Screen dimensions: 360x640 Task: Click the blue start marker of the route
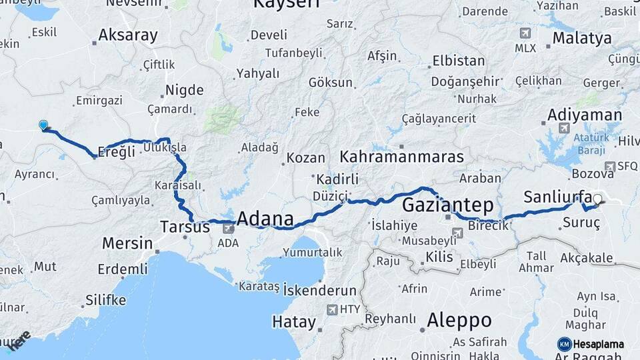click(x=43, y=125)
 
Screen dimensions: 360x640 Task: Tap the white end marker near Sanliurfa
click(x=597, y=199)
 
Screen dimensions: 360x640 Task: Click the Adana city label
click(x=265, y=219)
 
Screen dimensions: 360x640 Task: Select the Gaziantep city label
click(x=447, y=203)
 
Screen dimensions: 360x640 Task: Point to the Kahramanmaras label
click(x=401, y=157)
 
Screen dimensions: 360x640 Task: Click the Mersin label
click(x=127, y=243)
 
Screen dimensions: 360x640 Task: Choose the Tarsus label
click(x=185, y=227)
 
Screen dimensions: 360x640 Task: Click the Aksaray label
click(x=127, y=35)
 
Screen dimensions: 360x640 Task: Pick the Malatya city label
click(x=581, y=37)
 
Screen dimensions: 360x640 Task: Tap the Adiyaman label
click(x=584, y=115)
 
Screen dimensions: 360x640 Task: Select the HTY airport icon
click(x=332, y=309)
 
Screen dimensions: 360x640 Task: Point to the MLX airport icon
click(x=525, y=34)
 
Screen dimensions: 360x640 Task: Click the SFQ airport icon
click(x=609, y=166)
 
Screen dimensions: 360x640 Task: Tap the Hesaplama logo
click(x=591, y=344)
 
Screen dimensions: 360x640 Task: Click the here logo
click(x=19, y=339)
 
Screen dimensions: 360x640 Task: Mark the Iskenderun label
click(x=320, y=290)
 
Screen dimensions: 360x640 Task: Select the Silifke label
click(x=105, y=300)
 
